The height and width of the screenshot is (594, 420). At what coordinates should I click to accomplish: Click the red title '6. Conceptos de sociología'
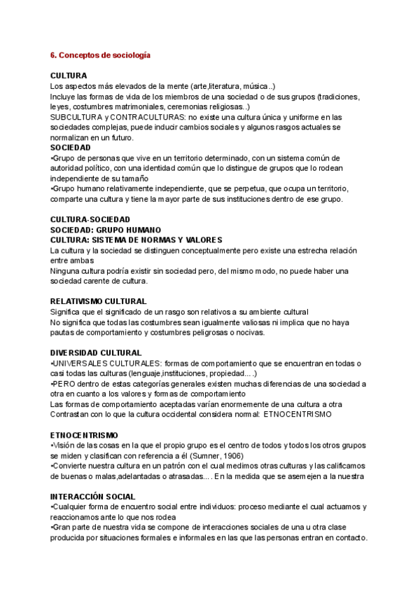[100, 55]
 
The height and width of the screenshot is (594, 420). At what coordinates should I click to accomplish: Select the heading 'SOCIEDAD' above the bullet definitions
[71, 148]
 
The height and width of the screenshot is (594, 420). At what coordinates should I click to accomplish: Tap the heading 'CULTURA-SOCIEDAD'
[90, 220]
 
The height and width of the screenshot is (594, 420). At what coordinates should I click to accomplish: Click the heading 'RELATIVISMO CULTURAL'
[98, 301]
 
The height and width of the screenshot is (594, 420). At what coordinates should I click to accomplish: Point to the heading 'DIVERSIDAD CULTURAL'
[96, 352]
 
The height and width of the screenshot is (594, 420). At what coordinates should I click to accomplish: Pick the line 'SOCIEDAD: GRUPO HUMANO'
[106, 230]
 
